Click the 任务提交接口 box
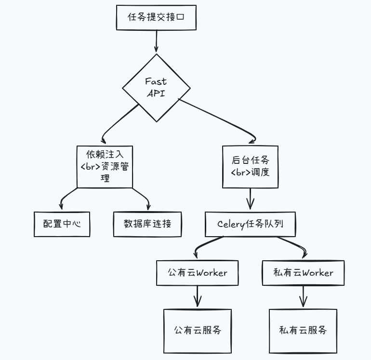[156, 17]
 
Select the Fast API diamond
[156, 88]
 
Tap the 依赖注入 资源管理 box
[105, 166]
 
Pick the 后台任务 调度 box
[250, 166]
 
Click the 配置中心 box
[62, 224]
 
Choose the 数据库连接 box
[147, 224]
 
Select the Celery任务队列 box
[250, 224]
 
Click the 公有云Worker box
[198, 273]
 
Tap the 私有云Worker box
[303, 273]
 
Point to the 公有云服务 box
[198, 331]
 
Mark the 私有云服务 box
[303, 331]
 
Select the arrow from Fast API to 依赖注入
[120, 124]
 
